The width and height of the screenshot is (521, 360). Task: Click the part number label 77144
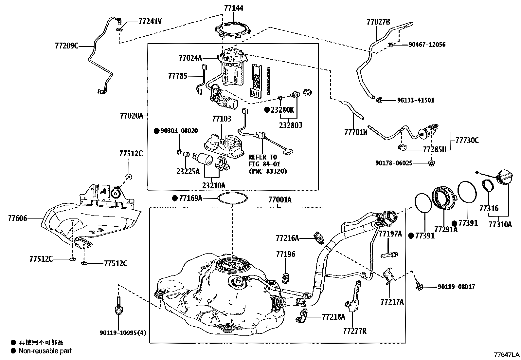(234, 8)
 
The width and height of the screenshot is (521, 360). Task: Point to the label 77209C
(66, 46)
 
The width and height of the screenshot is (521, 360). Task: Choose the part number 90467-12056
(427, 45)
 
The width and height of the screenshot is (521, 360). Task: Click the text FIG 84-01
(264, 164)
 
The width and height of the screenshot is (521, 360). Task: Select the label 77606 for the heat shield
(18, 218)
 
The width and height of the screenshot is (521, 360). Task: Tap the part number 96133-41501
(416, 100)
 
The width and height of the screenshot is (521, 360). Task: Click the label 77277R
(355, 331)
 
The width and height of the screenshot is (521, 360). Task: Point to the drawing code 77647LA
(507, 355)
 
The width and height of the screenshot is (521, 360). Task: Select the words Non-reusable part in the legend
(45, 351)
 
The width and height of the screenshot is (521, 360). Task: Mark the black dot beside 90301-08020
(156, 131)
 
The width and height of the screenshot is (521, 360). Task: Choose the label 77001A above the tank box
(280, 199)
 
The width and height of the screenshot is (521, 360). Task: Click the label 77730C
(467, 141)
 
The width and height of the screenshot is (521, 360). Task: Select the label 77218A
(333, 317)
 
